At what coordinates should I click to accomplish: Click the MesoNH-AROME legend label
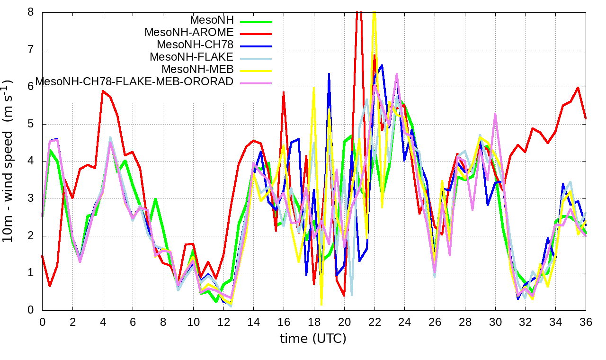pyautogui.click(x=189, y=33)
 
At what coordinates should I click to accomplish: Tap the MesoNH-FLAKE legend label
pyautogui.click(x=192, y=57)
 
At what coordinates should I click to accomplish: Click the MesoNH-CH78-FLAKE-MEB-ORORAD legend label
pyautogui.click(x=134, y=81)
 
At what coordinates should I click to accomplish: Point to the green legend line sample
pyautogui.click(x=256, y=21)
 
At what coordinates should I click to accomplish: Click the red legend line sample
pyautogui.click(x=256, y=34)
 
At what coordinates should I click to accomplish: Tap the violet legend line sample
pyautogui.click(x=256, y=83)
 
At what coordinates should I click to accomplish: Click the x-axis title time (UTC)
pyautogui.click(x=313, y=339)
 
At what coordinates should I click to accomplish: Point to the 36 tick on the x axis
pyautogui.click(x=586, y=321)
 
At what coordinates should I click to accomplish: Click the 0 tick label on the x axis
pyautogui.click(x=42, y=321)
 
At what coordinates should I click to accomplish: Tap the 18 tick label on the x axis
pyautogui.click(x=314, y=321)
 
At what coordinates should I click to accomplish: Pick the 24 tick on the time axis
pyautogui.click(x=405, y=321)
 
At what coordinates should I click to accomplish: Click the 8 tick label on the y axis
pyautogui.click(x=31, y=12)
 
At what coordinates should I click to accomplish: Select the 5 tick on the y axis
pyautogui.click(x=31, y=124)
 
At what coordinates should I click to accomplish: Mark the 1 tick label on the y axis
pyautogui.click(x=31, y=273)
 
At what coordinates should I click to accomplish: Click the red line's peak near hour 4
pyautogui.click(x=103, y=90)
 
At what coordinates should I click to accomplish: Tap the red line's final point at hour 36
pyautogui.click(x=586, y=118)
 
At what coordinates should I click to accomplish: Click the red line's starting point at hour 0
pyautogui.click(x=42, y=256)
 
